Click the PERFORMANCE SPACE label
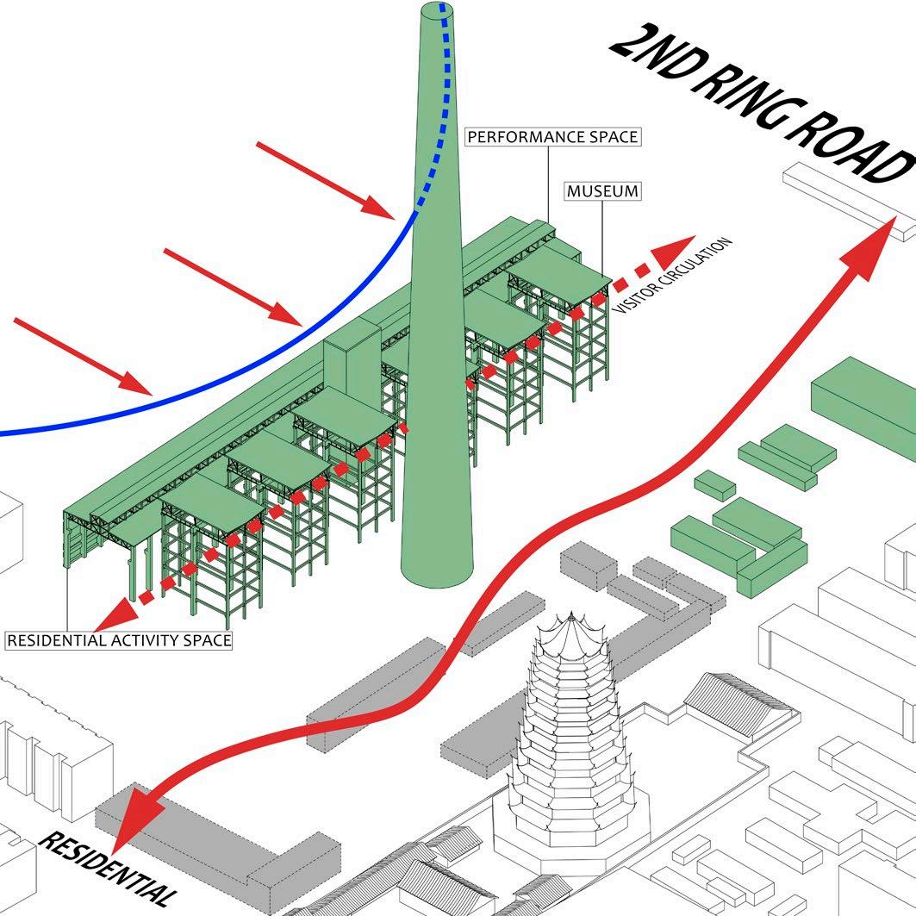(x=551, y=137)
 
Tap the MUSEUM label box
(x=603, y=190)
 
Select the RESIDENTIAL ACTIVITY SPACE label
(x=119, y=640)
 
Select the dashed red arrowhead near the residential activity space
(x=116, y=611)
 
